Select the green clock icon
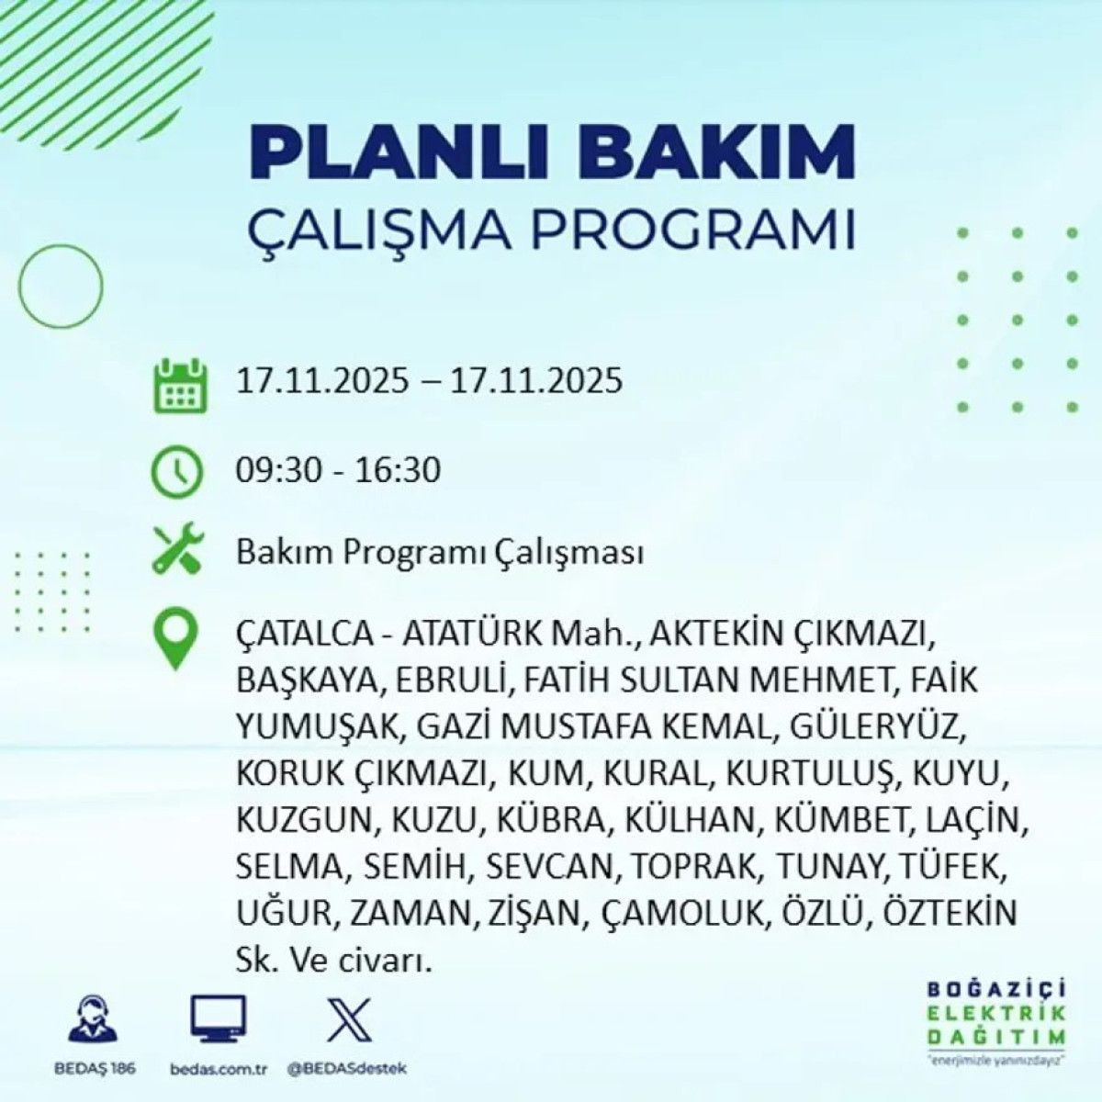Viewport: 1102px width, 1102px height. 177,471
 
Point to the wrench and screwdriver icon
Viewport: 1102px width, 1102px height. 177,551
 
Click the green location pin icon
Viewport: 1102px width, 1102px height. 177,640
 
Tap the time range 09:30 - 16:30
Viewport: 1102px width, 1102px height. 338,470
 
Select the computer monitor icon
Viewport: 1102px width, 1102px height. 218,1018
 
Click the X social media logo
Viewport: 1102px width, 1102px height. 348,1018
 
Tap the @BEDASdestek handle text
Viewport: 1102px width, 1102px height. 346,1069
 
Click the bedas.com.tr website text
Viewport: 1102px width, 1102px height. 218,1069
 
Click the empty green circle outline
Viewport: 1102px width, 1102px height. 61,286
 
